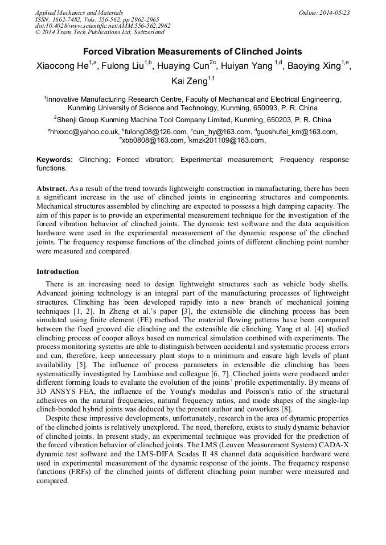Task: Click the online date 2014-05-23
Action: [334, 13]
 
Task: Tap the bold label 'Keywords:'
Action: [55, 160]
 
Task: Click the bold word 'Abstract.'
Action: [52, 188]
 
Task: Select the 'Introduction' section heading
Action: [58, 272]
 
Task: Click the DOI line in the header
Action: [102, 26]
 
